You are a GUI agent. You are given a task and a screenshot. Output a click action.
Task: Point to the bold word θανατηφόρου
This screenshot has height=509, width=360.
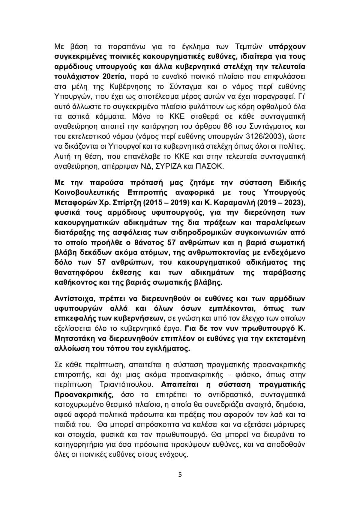click(79, 272)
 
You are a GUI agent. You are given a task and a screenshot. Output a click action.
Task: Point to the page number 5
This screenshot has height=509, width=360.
click(180, 475)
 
